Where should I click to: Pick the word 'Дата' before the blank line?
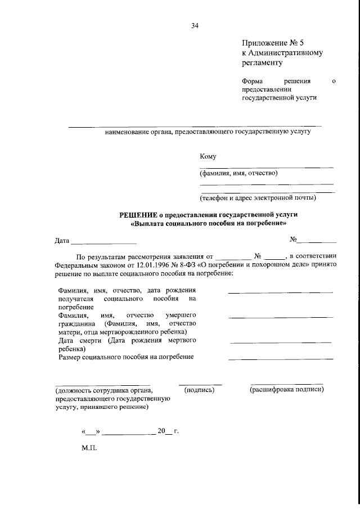click(62, 241)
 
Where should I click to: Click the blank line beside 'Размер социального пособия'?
click(280, 358)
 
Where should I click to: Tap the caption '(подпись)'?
click(200, 389)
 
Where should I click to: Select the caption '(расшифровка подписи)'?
click(287, 389)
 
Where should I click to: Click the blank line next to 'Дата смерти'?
click(281, 342)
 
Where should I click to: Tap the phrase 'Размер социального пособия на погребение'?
click(126, 357)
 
